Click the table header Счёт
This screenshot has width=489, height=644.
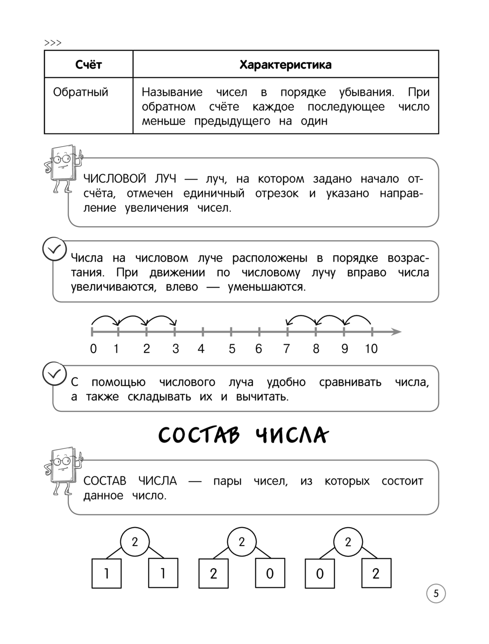pos(89,65)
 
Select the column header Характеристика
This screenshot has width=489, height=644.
pos(285,65)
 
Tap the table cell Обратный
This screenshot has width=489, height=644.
pos(81,92)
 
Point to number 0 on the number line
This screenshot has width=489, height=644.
pos(93,349)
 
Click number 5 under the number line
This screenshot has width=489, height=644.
pos(232,349)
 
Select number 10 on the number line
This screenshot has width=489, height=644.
pos(371,349)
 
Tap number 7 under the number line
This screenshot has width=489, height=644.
pos(287,349)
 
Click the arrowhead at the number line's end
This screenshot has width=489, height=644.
pos(397,332)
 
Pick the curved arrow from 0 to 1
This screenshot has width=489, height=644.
pos(105,319)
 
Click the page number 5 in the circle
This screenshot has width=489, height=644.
pos(436,594)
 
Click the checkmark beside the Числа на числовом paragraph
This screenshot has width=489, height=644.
pos(54,249)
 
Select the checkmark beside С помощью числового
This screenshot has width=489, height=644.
pos(54,374)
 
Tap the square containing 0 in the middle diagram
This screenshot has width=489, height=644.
pos(270,573)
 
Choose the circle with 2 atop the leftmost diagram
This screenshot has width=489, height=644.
pos(135,542)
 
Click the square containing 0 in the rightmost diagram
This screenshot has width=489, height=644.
pos(320,573)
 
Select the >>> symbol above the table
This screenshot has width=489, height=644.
pos(53,43)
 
